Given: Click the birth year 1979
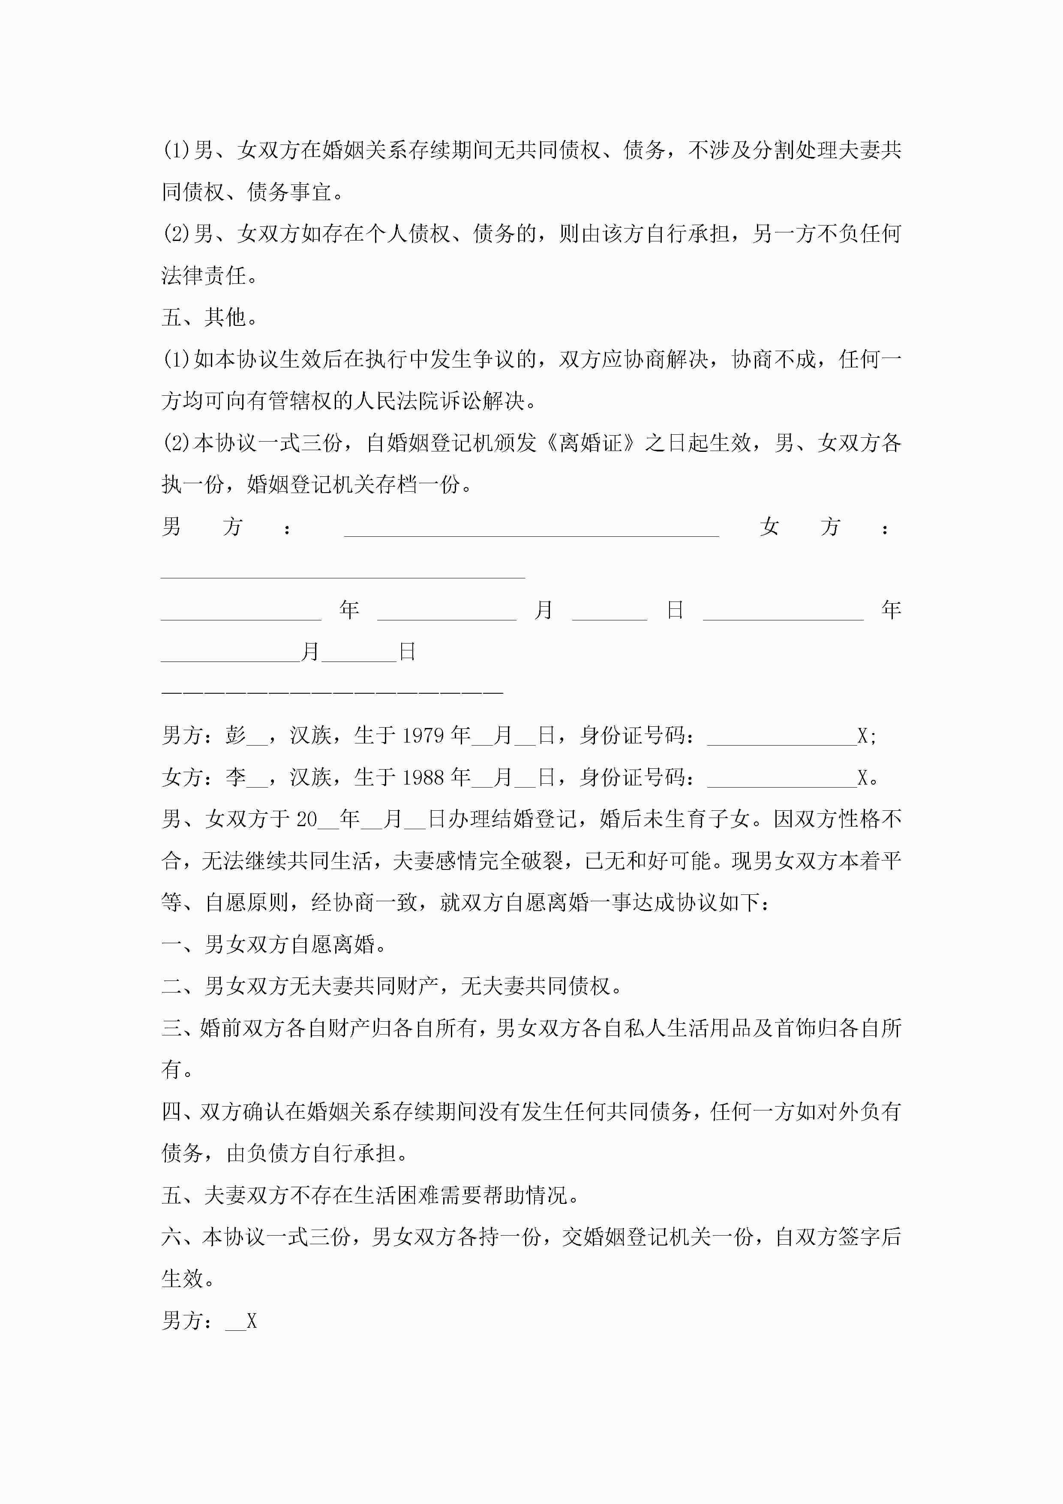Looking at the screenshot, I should (423, 736).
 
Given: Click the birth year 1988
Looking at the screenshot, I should (423, 778).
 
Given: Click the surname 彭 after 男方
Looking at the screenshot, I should (236, 736).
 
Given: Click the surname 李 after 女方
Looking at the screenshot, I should (236, 778).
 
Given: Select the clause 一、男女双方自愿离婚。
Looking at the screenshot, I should (274, 945).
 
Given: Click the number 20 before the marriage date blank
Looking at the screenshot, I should (306, 819).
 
